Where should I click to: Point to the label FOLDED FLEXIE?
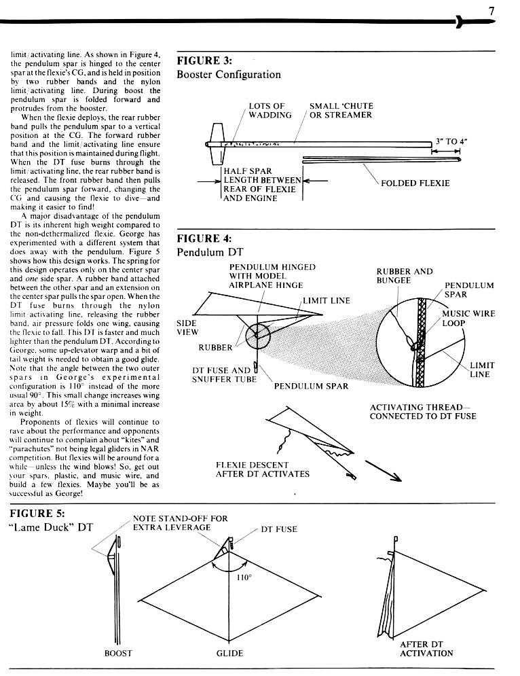415,183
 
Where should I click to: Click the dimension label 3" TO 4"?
451,141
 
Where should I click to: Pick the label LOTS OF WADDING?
267,111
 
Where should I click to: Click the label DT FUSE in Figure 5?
279,529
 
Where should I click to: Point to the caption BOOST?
117,654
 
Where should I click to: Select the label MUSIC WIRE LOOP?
468,318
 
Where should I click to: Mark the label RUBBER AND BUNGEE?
405,276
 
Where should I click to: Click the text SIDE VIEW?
187,328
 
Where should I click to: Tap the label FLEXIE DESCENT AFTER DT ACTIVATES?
262,469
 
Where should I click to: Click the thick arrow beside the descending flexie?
384,471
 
